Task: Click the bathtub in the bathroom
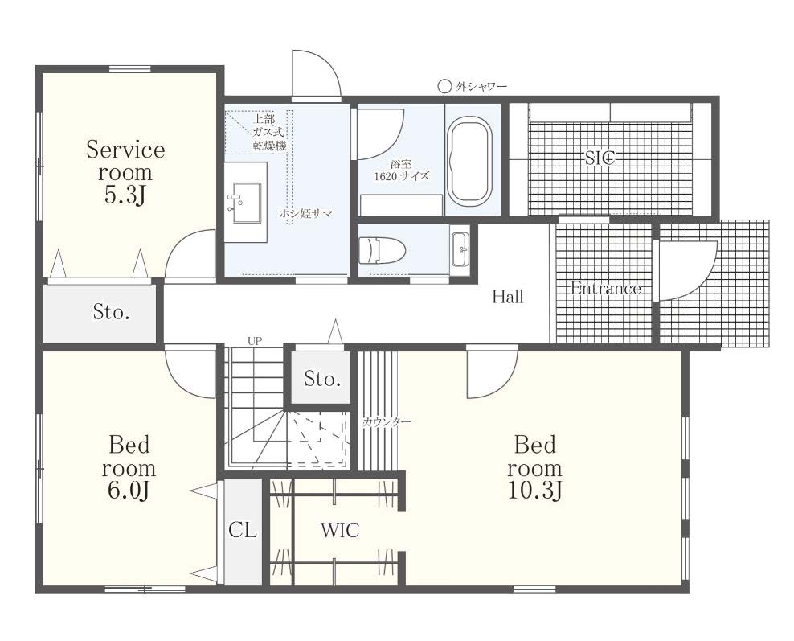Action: click(x=470, y=162)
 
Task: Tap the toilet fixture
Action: click(x=382, y=251)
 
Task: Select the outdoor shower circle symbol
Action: click(x=444, y=87)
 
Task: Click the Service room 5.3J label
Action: click(x=125, y=172)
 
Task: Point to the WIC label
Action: click(x=340, y=531)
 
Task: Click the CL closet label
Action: click(x=243, y=531)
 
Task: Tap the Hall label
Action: click(x=508, y=297)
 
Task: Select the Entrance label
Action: click(x=606, y=288)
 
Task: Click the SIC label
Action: click(x=600, y=158)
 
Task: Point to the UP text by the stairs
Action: click(x=256, y=341)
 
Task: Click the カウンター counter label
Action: click(x=387, y=421)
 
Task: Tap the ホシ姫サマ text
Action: click(x=306, y=213)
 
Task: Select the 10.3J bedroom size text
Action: click(x=535, y=491)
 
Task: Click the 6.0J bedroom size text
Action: click(x=128, y=491)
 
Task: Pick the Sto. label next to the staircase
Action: click(x=322, y=379)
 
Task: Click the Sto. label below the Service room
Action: click(x=112, y=311)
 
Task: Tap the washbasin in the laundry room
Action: click(x=246, y=203)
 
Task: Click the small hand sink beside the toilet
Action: click(x=460, y=249)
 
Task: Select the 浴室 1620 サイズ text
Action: click(x=401, y=171)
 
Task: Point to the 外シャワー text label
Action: click(x=481, y=87)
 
